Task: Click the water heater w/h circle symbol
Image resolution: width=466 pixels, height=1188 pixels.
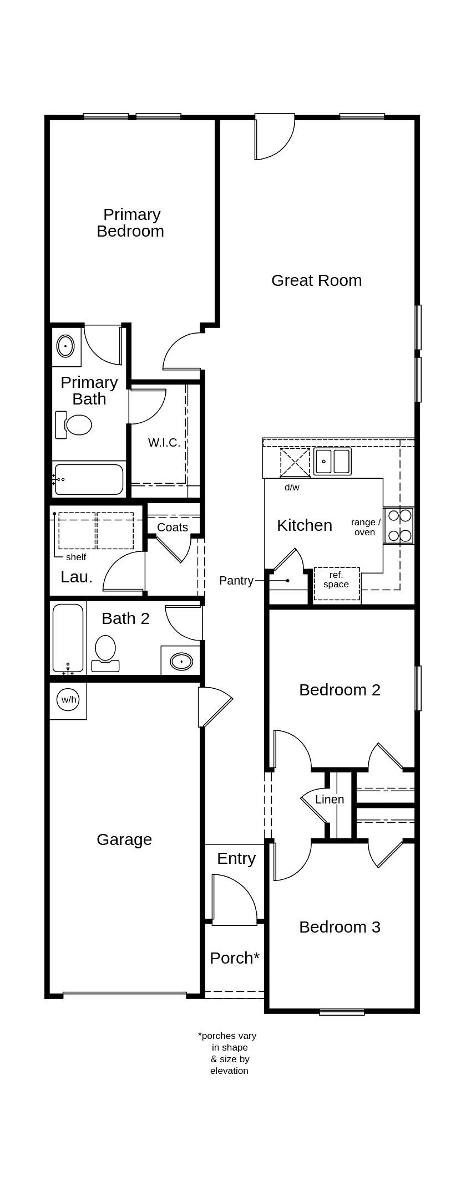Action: tap(68, 699)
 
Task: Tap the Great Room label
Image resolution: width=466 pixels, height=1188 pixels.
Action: tap(316, 280)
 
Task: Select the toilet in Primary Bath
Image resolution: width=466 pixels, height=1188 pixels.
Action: tap(74, 425)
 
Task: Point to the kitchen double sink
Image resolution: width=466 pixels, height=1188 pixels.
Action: tap(332, 461)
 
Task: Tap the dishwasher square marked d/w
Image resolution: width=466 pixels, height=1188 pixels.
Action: tap(295, 462)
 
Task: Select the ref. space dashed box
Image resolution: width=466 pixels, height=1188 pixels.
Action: tap(337, 583)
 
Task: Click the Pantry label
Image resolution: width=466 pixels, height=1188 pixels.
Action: tap(236, 581)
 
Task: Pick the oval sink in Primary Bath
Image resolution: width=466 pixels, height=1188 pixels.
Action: tap(65, 346)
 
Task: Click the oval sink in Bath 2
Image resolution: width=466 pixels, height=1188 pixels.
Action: tap(181, 661)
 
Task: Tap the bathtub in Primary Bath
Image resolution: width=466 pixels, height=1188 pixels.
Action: tap(89, 479)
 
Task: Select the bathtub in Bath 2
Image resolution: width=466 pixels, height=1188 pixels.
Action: tap(68, 638)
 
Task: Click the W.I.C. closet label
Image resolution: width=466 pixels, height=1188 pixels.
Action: tap(164, 442)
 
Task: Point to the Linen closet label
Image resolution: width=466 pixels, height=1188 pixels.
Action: tap(330, 799)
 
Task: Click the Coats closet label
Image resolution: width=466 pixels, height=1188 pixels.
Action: tap(172, 527)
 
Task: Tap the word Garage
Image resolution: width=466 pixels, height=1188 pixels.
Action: tap(124, 839)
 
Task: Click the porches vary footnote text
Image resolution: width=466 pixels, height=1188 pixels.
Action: tap(228, 1052)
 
